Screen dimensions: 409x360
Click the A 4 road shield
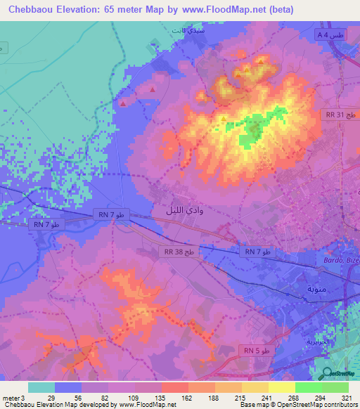coord(329,35)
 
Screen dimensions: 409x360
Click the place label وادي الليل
coord(177,210)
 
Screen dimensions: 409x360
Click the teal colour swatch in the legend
coord(41,387)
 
